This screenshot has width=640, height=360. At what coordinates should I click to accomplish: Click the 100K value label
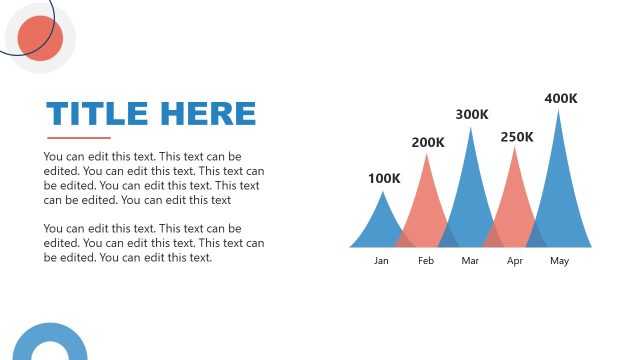tap(384, 179)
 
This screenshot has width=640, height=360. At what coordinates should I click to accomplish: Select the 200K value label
tap(428, 143)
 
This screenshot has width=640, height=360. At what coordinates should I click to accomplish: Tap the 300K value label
tap(472, 115)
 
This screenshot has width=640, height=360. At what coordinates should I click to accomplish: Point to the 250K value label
tap(517, 137)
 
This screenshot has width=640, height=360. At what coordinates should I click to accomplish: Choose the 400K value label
tap(561, 99)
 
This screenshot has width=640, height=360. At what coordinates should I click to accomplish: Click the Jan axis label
tap(381, 261)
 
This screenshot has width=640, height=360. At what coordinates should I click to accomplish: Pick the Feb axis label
tap(426, 261)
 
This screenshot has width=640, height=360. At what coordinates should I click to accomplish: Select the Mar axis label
tap(471, 261)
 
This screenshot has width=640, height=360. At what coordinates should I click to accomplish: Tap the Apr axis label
tap(515, 261)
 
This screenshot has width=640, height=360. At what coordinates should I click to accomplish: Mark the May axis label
tap(559, 261)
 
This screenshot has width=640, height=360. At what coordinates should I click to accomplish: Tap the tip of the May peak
tap(559, 110)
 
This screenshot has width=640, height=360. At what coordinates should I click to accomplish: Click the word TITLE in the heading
tap(97, 114)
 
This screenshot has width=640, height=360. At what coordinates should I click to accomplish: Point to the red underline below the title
tap(78, 138)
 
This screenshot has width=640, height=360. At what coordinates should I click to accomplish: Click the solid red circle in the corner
tap(41, 38)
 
